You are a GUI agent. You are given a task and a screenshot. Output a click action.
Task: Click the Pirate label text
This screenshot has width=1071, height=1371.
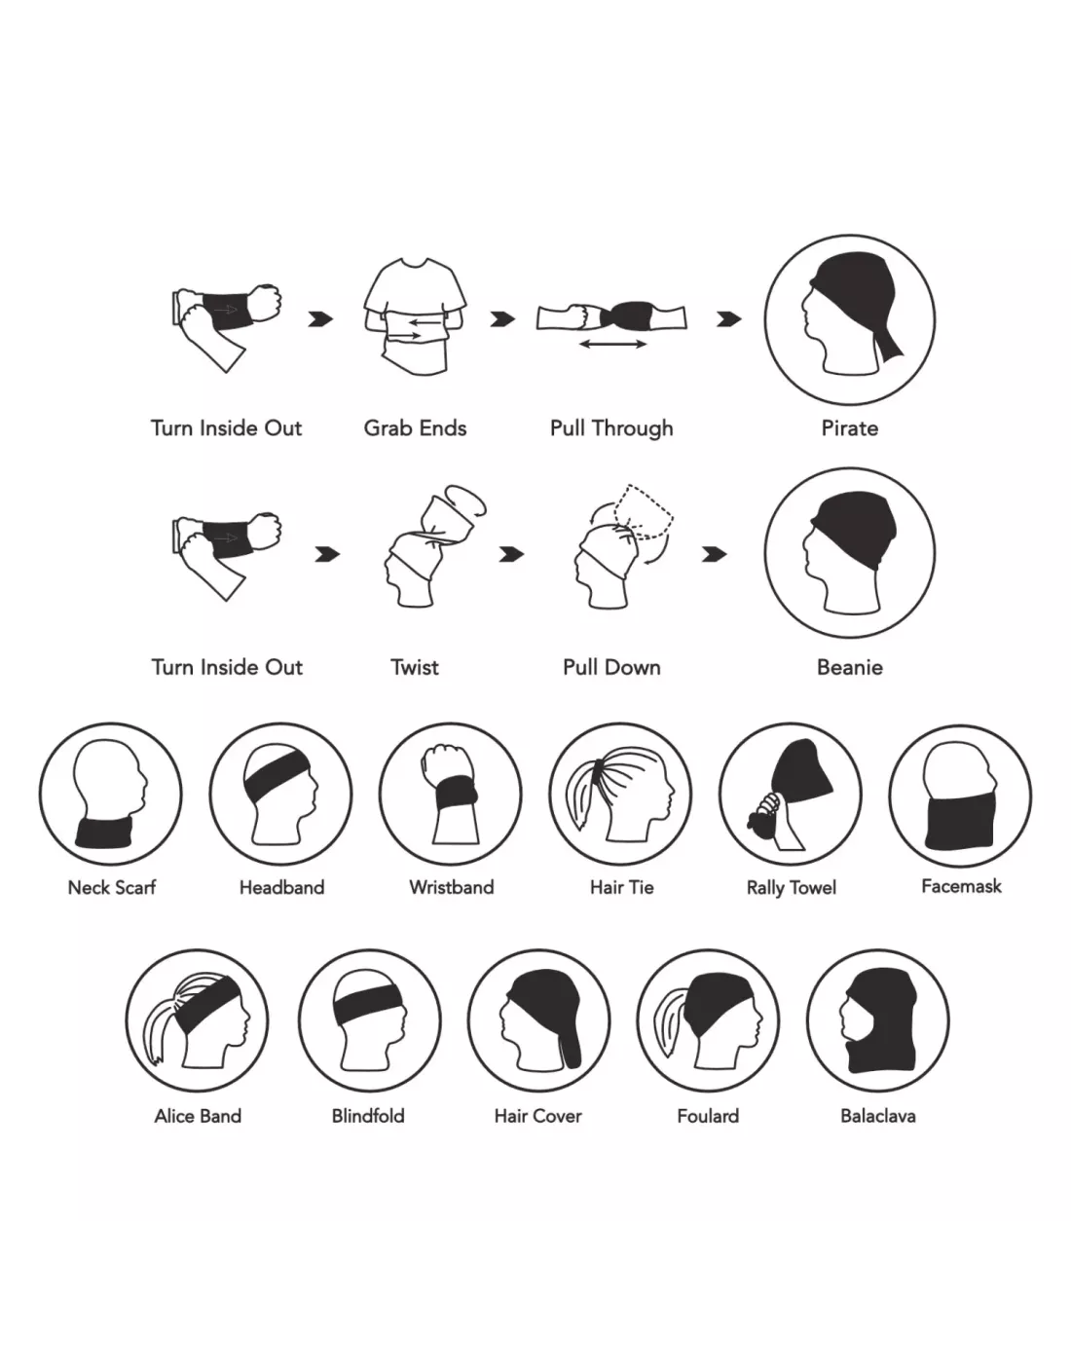click(x=849, y=428)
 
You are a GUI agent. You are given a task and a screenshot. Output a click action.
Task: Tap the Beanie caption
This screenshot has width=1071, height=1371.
click(x=850, y=667)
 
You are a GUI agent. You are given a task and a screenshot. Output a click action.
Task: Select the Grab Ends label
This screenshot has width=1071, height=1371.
click(x=415, y=428)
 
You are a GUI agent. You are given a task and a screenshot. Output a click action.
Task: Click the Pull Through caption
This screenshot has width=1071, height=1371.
click(x=611, y=428)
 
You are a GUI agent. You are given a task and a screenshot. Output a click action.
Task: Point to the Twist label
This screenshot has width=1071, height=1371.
click(x=415, y=667)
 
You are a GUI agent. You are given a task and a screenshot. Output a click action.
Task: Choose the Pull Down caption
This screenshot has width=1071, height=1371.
click(x=611, y=667)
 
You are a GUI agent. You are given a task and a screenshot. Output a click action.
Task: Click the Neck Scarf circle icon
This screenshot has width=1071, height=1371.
click(x=110, y=794)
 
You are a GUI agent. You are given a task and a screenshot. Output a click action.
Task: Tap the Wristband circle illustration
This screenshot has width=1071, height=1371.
click(x=451, y=794)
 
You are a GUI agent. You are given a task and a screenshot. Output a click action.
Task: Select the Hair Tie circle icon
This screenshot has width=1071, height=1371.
click(x=620, y=794)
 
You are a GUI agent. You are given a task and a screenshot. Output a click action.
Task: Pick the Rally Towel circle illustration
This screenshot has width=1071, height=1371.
click(x=791, y=794)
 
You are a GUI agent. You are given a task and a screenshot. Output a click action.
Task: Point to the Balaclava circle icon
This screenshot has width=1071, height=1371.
click(x=878, y=1021)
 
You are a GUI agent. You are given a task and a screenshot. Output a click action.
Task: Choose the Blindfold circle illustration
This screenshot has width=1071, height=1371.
click(x=370, y=1021)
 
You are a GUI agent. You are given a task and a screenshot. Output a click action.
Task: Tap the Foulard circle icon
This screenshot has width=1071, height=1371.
click(x=708, y=1021)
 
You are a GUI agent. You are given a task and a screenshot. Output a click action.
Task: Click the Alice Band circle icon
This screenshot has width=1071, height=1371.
click(x=197, y=1021)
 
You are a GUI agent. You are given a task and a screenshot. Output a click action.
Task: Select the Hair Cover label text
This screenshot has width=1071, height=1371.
click(x=538, y=1116)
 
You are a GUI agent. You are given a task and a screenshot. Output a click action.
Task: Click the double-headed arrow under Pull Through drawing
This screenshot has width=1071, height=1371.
click(x=613, y=344)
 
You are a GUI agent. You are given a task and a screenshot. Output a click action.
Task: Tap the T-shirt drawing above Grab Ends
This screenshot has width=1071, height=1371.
click(x=415, y=315)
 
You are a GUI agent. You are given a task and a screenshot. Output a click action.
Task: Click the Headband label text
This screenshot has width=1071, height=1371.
click(x=282, y=888)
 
